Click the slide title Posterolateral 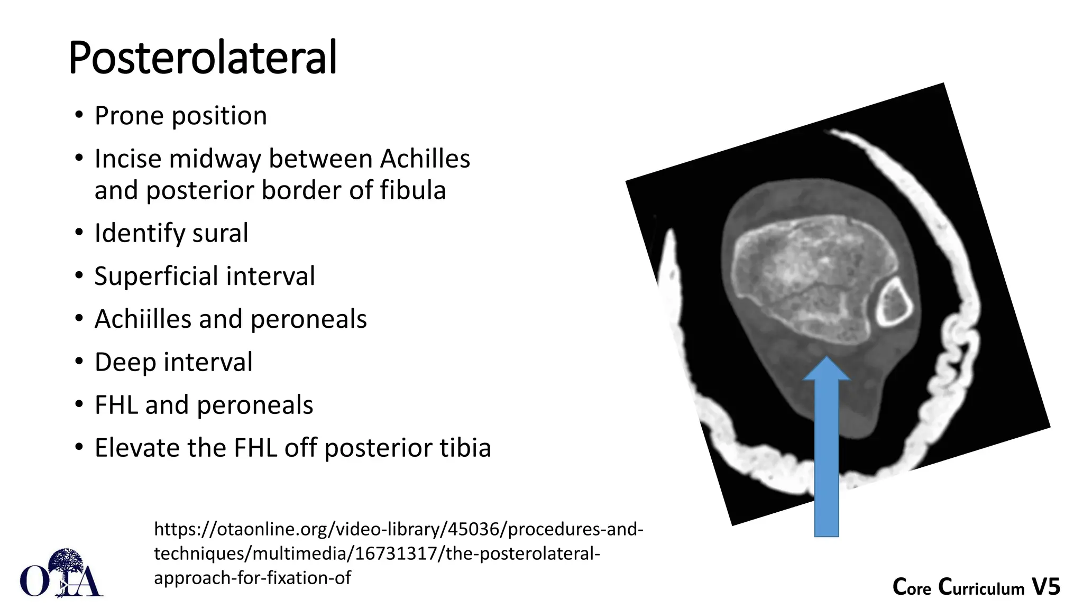click(203, 58)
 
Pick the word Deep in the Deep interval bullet click(125, 363)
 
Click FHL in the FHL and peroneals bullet click(116, 405)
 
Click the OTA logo click(61, 573)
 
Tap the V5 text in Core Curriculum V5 click(1045, 587)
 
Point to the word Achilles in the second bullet click(425, 159)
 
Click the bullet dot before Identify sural click(79, 233)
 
